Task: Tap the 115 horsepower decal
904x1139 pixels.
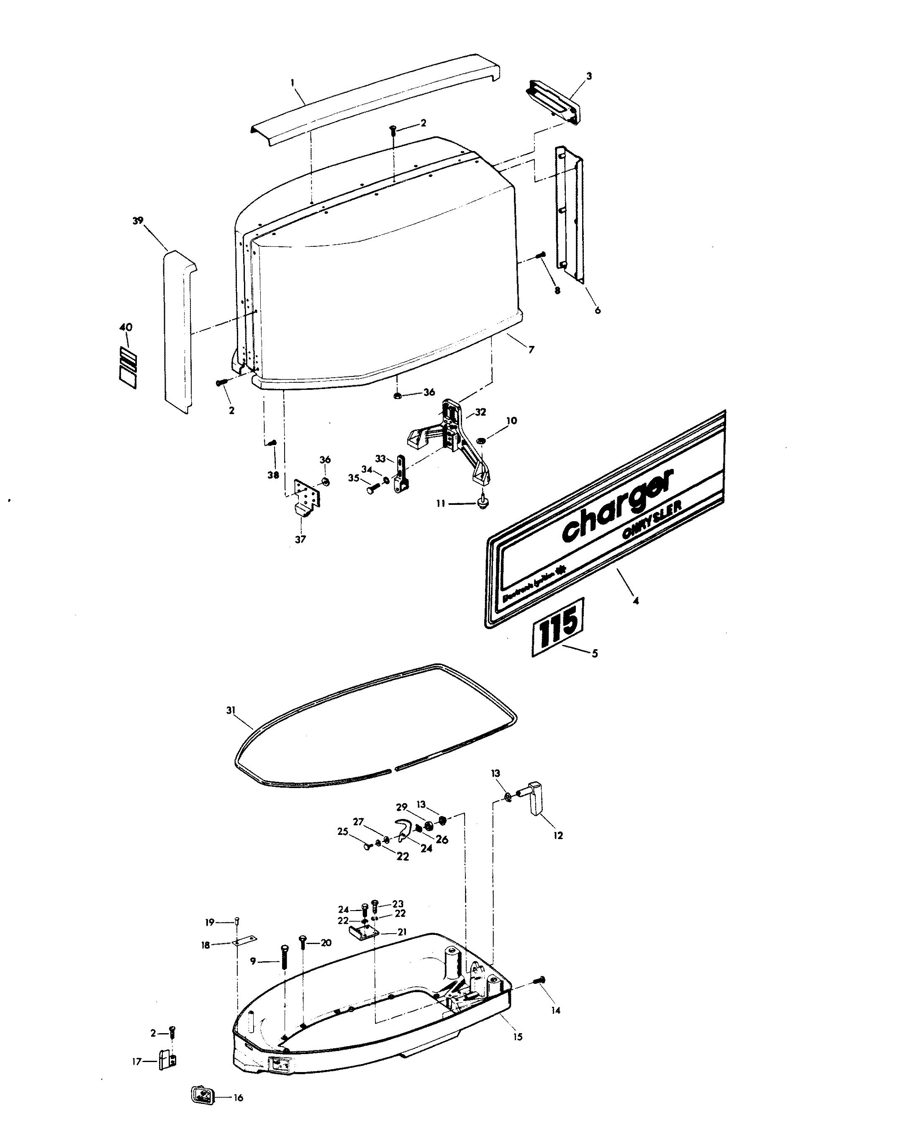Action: [x=558, y=627]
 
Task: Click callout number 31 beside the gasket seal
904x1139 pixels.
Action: [x=231, y=711]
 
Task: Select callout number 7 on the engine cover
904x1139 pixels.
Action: [x=531, y=349]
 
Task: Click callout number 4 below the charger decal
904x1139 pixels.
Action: [x=635, y=601]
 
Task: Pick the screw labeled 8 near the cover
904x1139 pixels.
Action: [x=540, y=256]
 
